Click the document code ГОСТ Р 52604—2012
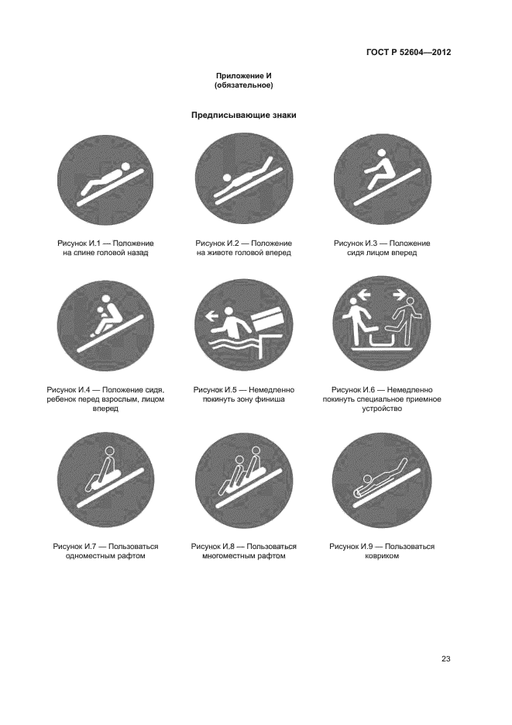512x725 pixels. coord(408,52)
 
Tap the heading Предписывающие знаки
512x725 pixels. coord(244,115)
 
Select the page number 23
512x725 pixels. coord(445,659)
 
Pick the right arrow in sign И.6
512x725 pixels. coord(400,293)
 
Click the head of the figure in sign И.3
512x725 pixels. coord(381,153)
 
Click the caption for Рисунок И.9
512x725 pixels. coord(382,551)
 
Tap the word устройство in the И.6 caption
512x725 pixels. coord(382,409)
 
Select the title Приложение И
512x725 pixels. coord(243,76)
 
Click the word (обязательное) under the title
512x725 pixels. coord(244,85)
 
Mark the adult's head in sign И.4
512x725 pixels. coord(106,299)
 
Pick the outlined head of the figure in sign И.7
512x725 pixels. coord(109,452)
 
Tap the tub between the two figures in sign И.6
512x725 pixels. coord(383,341)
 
